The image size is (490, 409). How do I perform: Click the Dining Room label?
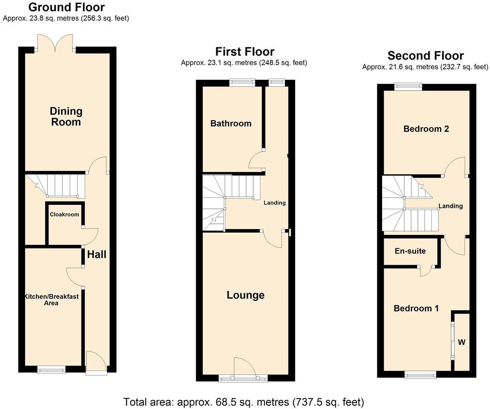tap(66, 117)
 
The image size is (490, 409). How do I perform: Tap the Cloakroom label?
tap(64, 215)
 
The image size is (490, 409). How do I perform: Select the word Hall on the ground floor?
tap(97, 254)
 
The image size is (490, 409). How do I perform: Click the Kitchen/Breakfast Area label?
tap(52, 299)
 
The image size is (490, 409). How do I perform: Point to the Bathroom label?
tap(231, 124)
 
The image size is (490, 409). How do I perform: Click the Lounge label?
tap(245, 295)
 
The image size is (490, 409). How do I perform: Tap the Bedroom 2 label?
tap(426, 129)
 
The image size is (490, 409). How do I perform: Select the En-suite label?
tap(410, 251)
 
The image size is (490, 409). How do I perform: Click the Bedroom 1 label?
tap(416, 308)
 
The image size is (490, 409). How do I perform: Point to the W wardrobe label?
tap(461, 342)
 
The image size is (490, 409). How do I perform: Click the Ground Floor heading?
tap(66, 7)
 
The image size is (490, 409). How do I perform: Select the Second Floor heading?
tap(425, 56)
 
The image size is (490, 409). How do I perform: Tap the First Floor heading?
tap(245, 52)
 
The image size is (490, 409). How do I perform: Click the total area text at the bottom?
tap(244, 402)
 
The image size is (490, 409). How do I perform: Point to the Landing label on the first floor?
tap(274, 203)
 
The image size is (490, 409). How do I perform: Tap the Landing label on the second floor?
tap(450, 206)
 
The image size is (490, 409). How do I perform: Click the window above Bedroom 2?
tap(408, 87)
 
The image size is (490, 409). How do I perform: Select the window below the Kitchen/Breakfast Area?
tap(52, 370)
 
